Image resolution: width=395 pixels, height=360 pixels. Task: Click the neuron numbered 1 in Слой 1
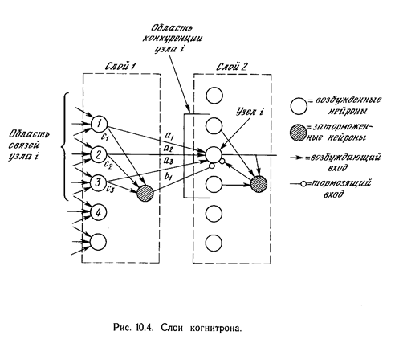(99, 125)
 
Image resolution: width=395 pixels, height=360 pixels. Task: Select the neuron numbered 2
(99, 154)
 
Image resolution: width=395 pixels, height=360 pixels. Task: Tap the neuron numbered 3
(99, 183)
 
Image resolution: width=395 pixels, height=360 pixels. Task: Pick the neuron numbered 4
(99, 213)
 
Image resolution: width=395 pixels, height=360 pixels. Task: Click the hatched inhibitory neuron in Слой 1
(145, 193)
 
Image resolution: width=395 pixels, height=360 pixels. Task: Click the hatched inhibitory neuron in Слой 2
(259, 184)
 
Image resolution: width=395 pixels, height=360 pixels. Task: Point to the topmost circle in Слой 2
(214, 96)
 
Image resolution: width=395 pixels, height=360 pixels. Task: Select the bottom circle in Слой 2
(214, 243)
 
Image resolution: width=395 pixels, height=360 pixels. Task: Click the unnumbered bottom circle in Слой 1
(98, 242)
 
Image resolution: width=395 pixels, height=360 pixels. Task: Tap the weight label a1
(169, 137)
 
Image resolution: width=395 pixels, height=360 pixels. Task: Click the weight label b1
(168, 177)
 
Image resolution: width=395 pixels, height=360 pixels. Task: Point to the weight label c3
(110, 189)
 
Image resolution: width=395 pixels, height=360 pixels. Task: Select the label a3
(169, 161)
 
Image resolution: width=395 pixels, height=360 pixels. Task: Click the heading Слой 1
(120, 66)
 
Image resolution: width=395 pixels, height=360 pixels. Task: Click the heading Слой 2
(231, 67)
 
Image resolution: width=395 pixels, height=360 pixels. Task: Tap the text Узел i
(250, 112)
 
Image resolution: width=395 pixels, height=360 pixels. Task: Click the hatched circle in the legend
(298, 133)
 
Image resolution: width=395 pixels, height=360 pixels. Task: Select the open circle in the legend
(299, 106)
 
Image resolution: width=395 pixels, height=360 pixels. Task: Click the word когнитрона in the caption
(216, 328)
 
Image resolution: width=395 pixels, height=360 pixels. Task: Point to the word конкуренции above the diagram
(172, 39)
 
